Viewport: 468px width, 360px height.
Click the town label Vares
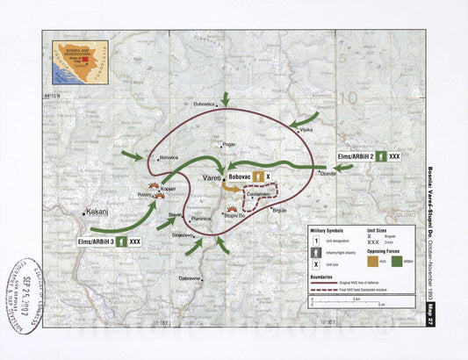point(212,177)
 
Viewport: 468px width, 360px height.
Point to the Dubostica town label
point(204,104)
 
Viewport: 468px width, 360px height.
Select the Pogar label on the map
point(229,143)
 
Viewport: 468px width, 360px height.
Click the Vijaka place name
point(306,130)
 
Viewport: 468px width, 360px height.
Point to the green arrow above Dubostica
point(225,97)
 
